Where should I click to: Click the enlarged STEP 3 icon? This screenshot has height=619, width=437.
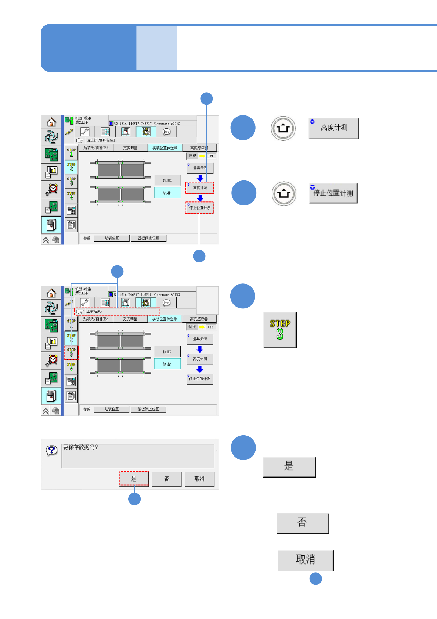[280, 330]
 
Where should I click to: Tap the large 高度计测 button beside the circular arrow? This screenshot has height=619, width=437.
[333, 128]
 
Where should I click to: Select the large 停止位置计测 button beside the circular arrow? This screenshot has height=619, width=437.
[333, 193]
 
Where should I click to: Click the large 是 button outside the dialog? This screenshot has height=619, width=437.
[289, 467]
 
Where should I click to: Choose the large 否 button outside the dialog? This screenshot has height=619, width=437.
[302, 523]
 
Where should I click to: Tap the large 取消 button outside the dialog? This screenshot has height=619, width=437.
[305, 560]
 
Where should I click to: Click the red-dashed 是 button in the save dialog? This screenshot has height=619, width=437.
[134, 479]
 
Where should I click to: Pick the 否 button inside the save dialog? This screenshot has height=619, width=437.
[166, 479]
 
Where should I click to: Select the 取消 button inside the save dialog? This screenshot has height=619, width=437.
[199, 479]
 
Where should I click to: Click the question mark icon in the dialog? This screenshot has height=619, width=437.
[52, 450]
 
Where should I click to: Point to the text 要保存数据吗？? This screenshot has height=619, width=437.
[81, 447]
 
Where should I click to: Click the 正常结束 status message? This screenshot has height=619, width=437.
[94, 311]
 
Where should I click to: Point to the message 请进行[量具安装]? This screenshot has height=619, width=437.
[102, 140]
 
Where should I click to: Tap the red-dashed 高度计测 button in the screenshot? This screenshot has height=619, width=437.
[199, 188]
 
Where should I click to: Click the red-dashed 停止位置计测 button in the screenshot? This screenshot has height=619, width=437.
[199, 208]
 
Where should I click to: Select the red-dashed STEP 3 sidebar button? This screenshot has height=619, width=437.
[71, 353]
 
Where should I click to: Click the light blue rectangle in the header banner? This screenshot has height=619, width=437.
[157, 48]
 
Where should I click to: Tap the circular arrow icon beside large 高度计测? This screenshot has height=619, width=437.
[283, 128]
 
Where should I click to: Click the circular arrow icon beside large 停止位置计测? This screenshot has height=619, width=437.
[284, 193]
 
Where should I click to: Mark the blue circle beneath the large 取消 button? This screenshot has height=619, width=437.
[315, 579]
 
